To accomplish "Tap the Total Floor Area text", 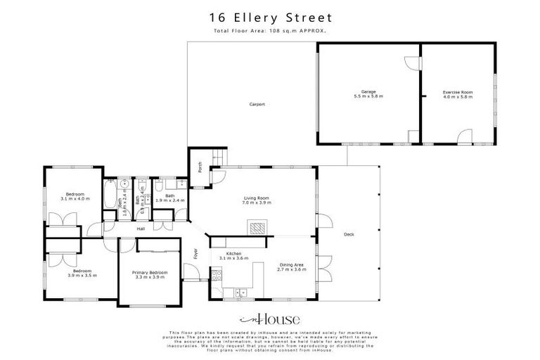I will [269, 31].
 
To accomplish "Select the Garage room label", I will [368, 94].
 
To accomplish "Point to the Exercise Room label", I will [457, 94].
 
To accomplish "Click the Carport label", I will [257, 105].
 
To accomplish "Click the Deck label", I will [349, 235].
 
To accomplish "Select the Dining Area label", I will [292, 268].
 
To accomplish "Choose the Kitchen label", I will [233, 256].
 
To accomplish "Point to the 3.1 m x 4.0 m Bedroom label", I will [75, 196].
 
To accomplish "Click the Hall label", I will [141, 229].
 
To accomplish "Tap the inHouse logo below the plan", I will [269, 318].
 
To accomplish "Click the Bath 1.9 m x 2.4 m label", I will [169, 198].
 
